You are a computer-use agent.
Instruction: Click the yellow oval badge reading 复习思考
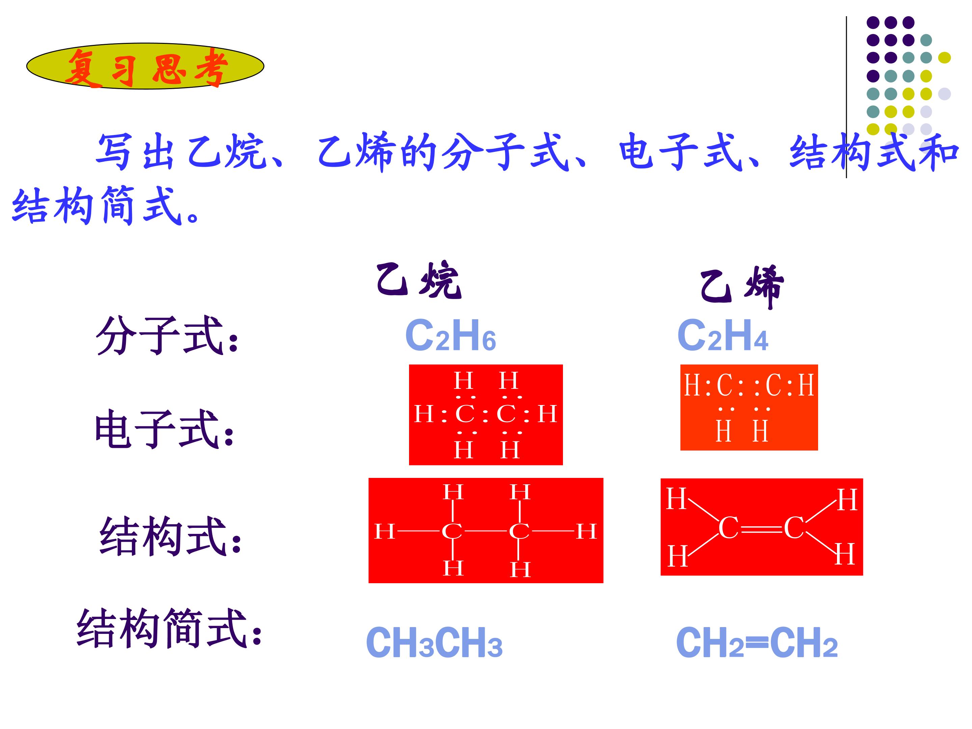[x=145, y=66]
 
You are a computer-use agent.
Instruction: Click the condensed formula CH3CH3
[x=434, y=643]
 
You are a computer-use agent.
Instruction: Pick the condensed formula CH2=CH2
[x=757, y=643]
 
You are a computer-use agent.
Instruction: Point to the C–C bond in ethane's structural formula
[x=486, y=531]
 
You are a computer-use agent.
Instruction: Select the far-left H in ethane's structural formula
[x=384, y=531]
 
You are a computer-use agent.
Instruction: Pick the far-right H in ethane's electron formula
[x=547, y=413]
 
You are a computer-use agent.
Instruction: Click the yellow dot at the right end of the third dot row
[x=944, y=58]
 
